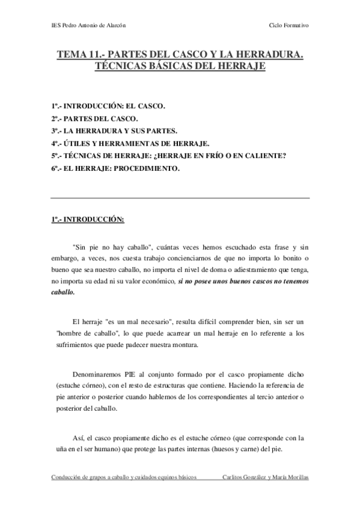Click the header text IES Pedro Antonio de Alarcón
click(x=90, y=25)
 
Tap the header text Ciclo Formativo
click(x=290, y=25)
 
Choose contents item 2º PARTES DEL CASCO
click(x=86, y=118)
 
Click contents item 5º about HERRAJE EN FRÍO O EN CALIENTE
click(x=168, y=156)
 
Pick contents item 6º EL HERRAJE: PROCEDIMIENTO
click(x=115, y=169)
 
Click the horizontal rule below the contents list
click(x=180, y=198)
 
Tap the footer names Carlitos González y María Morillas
click(x=265, y=477)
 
